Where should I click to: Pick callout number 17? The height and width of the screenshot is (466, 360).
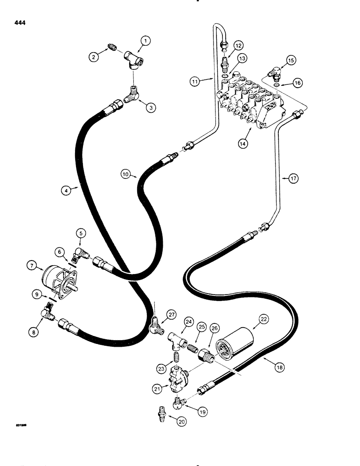click(294, 178)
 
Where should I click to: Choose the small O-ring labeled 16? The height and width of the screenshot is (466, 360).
click(277, 85)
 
